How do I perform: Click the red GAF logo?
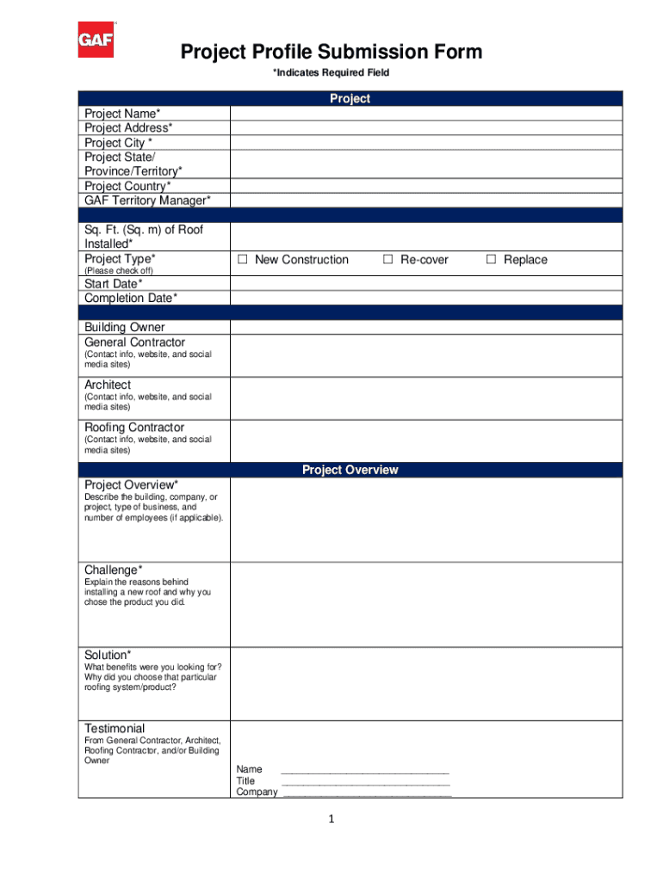[x=96, y=40]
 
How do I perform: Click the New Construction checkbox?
[x=243, y=260]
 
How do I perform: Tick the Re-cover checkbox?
[x=388, y=260]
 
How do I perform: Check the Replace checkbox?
[x=491, y=260]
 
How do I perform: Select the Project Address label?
[x=127, y=128]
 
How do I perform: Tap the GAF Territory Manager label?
[x=146, y=200]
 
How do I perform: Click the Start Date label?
[x=114, y=284]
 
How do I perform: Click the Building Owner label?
[x=124, y=327]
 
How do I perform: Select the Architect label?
[x=108, y=385]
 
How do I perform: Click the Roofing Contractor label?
[x=133, y=428]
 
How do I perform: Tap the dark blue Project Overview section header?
[x=350, y=470]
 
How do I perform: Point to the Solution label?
[x=108, y=655]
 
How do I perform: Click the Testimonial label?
[x=115, y=728]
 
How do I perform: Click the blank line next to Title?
[x=366, y=781]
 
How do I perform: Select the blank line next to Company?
[x=368, y=792]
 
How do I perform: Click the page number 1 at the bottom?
[x=331, y=820]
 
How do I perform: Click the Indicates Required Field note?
[x=331, y=72]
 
